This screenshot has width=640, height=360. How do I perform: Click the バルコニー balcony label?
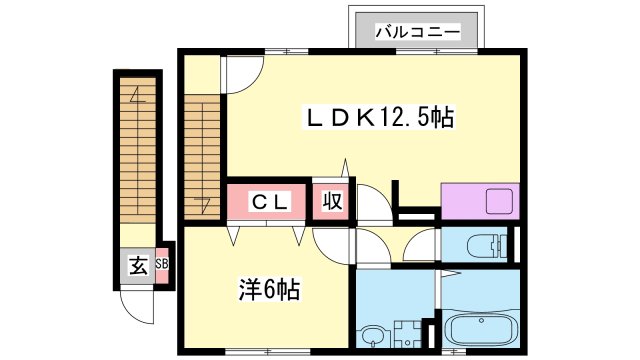418,31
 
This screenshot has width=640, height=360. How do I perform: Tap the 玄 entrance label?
135,266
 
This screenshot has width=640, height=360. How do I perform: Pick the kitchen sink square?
499,201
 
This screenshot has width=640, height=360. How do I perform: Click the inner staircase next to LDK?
202,150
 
